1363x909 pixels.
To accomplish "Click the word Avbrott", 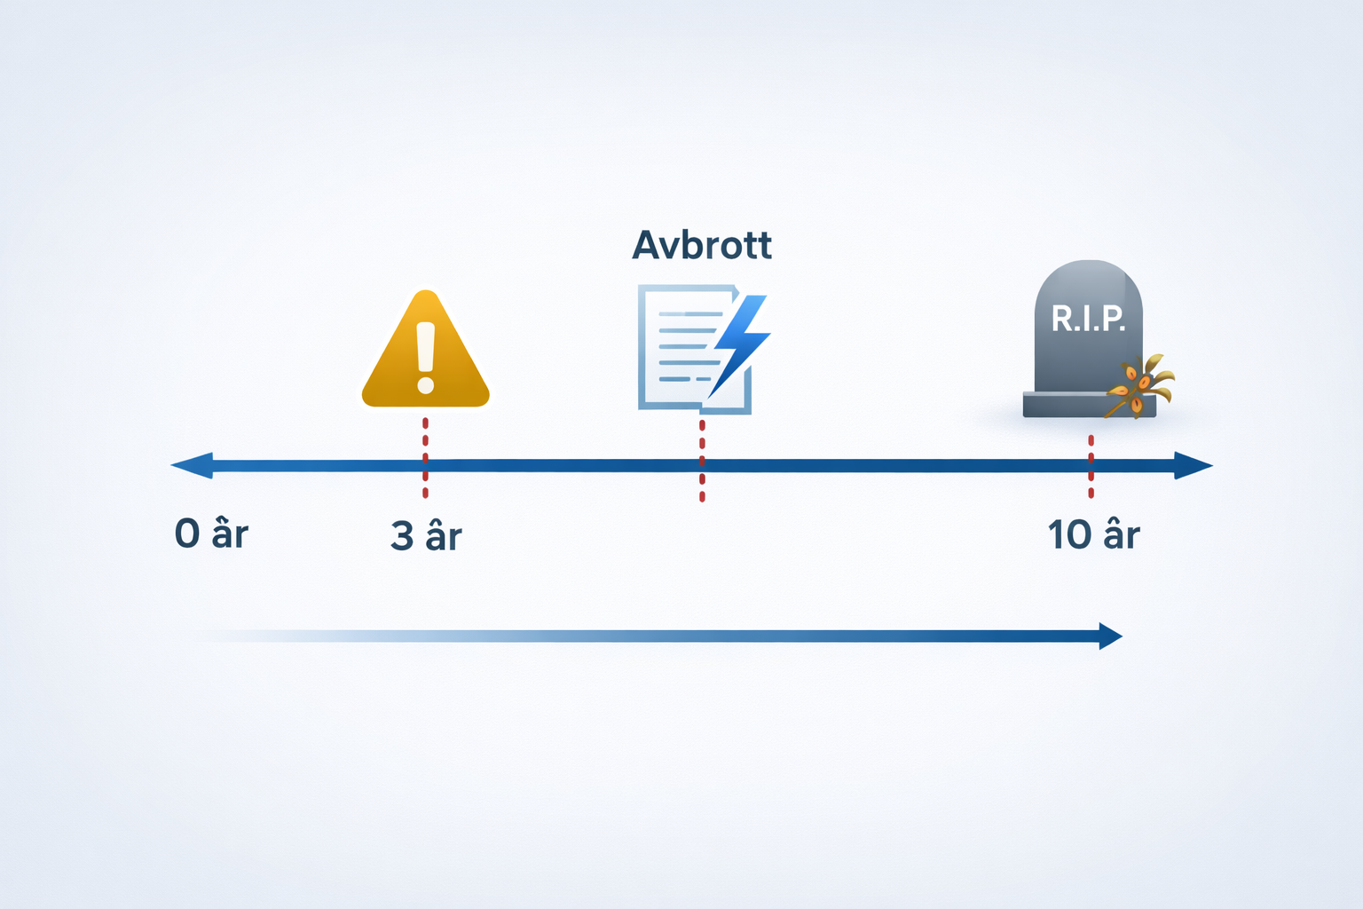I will [701, 245].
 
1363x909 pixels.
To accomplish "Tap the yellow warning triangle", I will [426, 355].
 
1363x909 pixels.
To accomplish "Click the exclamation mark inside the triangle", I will [426, 358].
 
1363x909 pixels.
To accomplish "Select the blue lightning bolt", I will [740, 342].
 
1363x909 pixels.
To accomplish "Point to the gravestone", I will [1088, 337].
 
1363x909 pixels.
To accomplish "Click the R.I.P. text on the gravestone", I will [1088, 318].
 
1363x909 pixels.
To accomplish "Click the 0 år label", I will [211, 534].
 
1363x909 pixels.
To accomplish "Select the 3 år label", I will [426, 536].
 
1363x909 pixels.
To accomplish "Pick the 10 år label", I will [1093, 535].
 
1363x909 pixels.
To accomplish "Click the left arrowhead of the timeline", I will [192, 465].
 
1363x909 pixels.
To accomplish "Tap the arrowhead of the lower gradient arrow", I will [1110, 636].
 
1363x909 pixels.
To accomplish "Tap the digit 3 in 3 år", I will [402, 536].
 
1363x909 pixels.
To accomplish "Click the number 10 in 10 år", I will [1069, 535].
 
